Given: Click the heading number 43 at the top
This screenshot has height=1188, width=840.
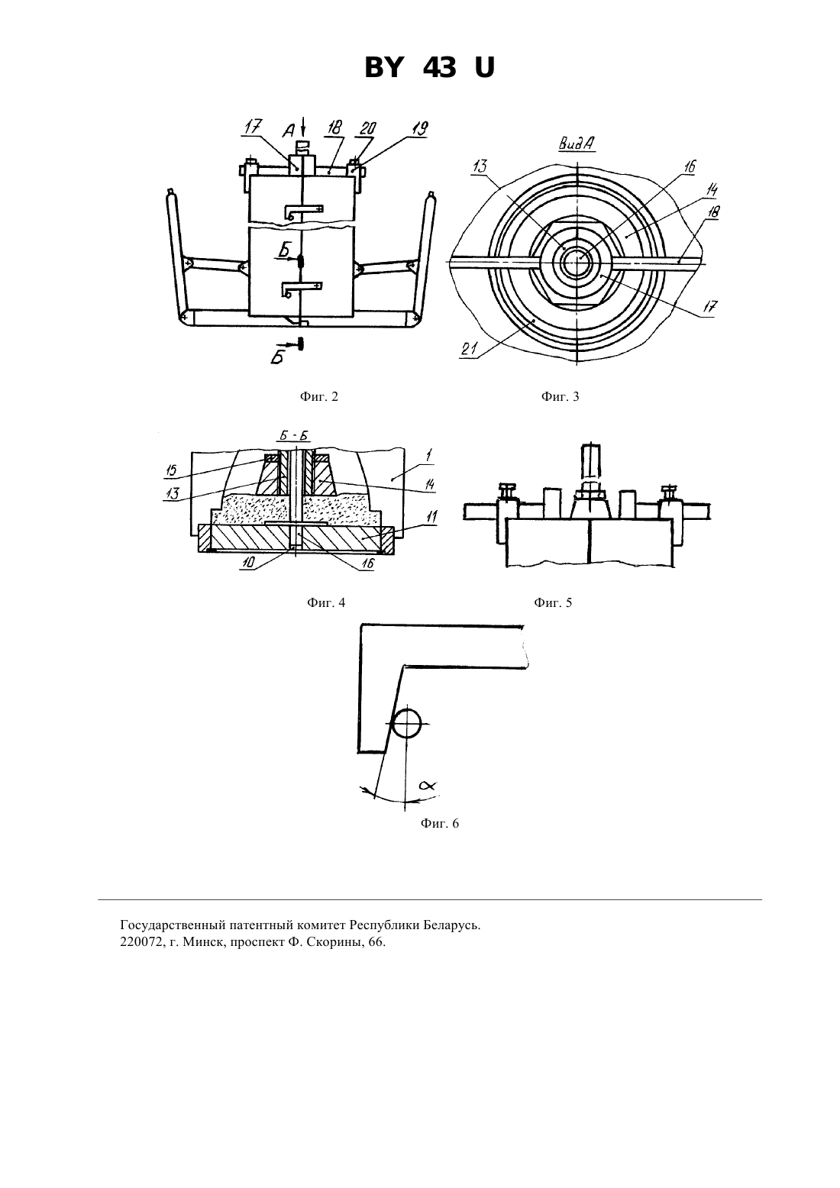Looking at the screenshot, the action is point(440,68).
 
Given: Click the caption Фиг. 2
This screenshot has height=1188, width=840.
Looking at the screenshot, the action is point(318,396).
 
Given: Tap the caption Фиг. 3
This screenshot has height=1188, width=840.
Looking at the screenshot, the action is point(560,396).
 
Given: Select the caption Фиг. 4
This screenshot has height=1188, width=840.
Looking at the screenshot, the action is point(326,602).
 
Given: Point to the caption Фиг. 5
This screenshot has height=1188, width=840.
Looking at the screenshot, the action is point(553,602).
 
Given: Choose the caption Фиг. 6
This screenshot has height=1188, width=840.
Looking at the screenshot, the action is point(440,823).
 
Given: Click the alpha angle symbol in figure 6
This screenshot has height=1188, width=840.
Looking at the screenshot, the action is point(427,786).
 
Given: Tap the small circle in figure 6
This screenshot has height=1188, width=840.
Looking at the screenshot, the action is point(406,723).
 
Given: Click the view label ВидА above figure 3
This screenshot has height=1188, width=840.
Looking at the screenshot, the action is point(576,144).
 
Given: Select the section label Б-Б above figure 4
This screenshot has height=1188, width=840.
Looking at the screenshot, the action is point(293,435).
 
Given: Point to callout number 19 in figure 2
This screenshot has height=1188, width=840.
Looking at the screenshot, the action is point(420,128).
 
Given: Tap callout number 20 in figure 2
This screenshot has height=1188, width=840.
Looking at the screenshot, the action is point(368,128).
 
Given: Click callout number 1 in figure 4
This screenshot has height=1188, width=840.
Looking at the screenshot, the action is point(429,454).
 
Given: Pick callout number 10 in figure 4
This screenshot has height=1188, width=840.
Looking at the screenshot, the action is point(247,563).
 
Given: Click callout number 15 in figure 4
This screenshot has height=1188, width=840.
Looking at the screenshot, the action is point(173,470).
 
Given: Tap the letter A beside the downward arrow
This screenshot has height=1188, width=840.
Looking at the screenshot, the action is point(289,130).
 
